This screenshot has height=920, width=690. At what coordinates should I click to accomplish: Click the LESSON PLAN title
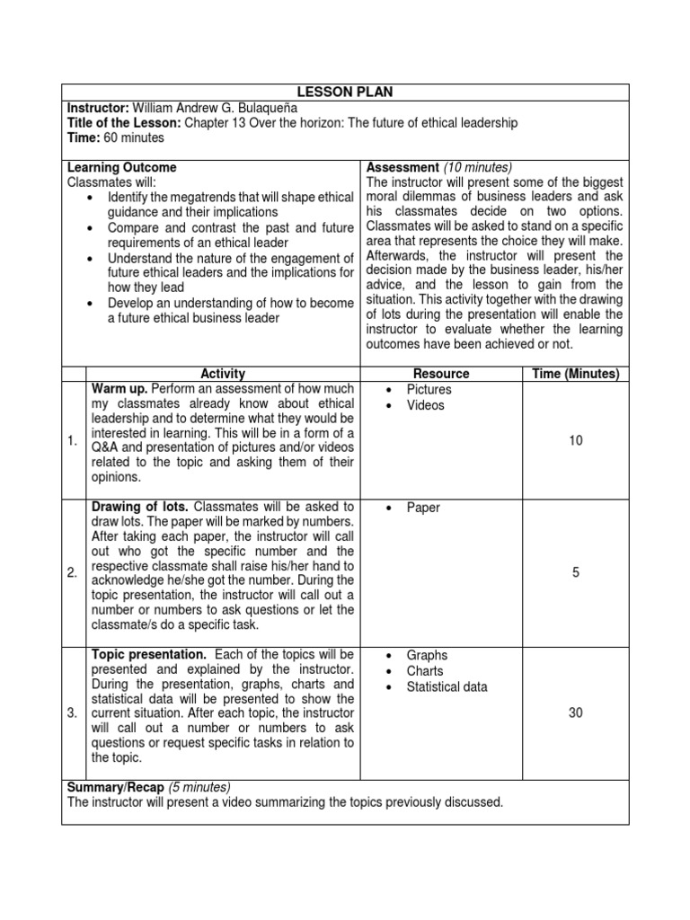pos(346,92)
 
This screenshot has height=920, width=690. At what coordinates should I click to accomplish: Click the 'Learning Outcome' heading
pos(123,167)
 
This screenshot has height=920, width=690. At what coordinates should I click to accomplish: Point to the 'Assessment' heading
pos(402,167)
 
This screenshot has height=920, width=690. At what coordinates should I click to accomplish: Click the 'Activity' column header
pos(223,374)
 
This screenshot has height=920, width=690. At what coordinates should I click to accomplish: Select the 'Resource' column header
pos(440,374)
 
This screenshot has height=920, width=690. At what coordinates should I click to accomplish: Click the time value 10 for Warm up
pos(576,440)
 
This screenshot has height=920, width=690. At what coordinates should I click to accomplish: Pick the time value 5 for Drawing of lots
pos(576,572)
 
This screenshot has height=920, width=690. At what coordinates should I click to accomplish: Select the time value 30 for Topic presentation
pos(576,712)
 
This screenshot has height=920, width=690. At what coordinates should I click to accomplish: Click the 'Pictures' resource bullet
pos(429,389)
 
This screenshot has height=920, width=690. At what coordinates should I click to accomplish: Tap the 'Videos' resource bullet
pos(425,405)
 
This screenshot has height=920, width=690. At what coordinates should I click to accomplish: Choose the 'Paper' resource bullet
pos(422,508)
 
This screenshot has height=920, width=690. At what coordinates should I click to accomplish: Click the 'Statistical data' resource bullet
pos(447,686)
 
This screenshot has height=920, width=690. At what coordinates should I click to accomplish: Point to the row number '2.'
pos(73,573)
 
